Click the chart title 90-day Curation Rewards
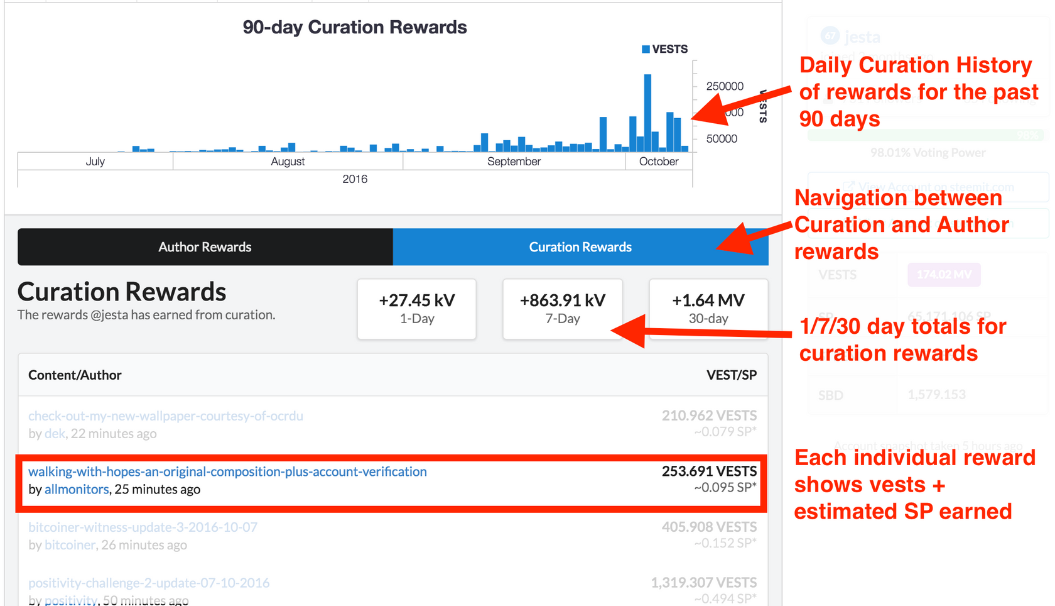click(x=354, y=28)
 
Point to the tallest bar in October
click(x=647, y=113)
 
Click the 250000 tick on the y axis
click(x=725, y=86)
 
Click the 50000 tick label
click(x=722, y=139)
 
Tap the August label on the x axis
click(x=288, y=162)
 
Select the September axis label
click(x=514, y=162)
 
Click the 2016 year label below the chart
click(x=355, y=179)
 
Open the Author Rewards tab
click(x=205, y=247)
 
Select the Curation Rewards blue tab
click(x=580, y=247)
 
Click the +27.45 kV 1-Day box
click(x=417, y=309)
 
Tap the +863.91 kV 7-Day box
click(x=563, y=309)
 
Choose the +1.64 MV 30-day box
click(x=708, y=309)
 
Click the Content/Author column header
click(x=75, y=375)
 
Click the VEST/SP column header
click(x=731, y=375)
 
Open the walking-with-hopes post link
click(x=227, y=472)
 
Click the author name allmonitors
click(x=77, y=490)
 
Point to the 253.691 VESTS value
click(x=709, y=471)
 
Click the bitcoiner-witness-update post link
click(x=143, y=527)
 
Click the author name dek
click(x=55, y=434)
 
